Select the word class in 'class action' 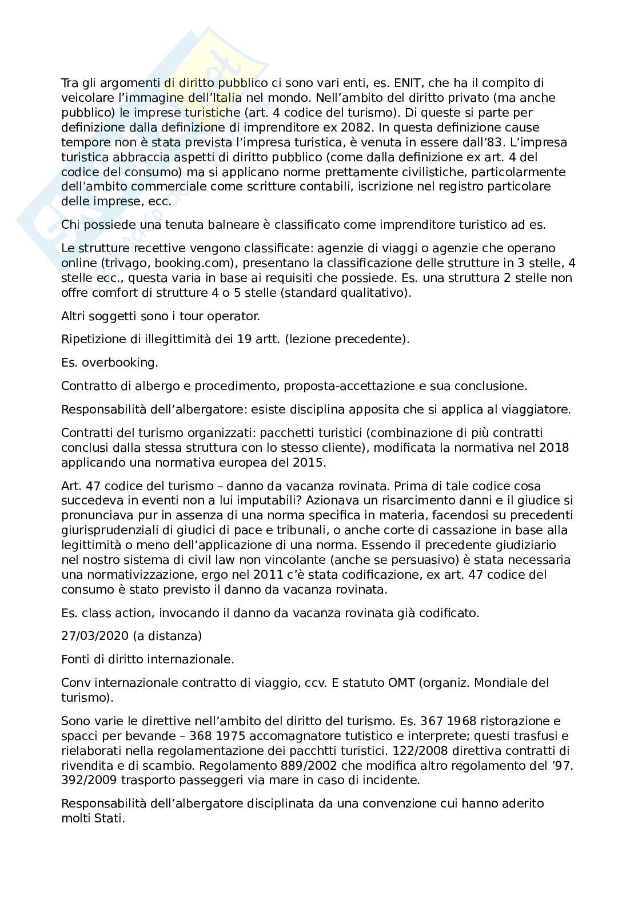click(x=95, y=613)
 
